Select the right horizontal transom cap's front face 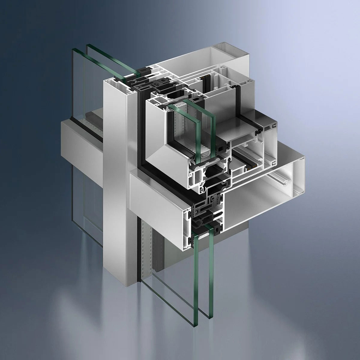pos(159,192)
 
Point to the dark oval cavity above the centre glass pos(174,96)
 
